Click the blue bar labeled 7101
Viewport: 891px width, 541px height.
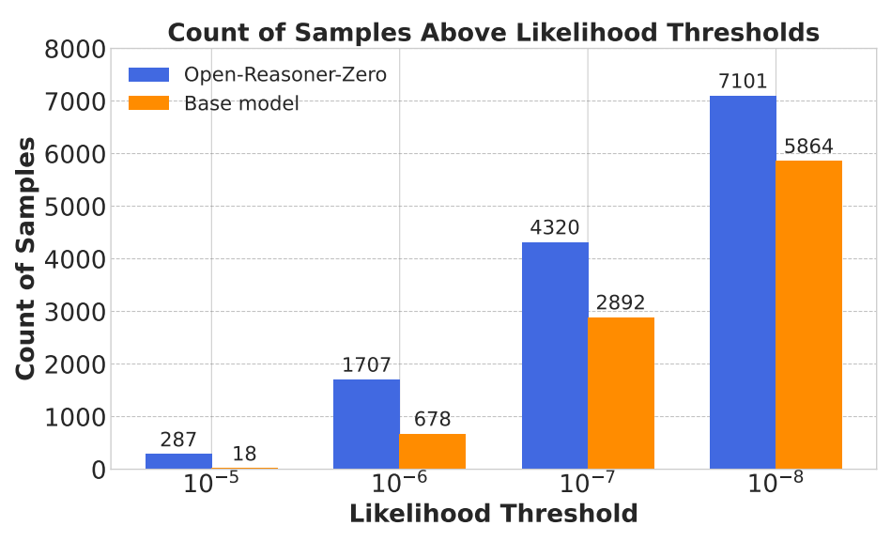coord(743,282)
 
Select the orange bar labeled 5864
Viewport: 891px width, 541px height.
coord(808,315)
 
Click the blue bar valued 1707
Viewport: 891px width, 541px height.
coord(366,424)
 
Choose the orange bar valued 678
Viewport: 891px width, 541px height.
coord(432,451)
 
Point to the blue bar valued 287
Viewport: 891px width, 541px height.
coord(178,461)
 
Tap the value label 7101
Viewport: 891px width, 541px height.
coord(743,82)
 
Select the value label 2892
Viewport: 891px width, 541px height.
coord(621,303)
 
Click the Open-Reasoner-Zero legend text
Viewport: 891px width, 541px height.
coord(284,75)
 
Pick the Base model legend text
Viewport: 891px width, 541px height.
coord(241,103)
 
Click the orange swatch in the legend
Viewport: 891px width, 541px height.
coord(148,103)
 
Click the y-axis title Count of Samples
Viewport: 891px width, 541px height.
coord(26,258)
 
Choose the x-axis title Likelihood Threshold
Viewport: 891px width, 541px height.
coord(493,515)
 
